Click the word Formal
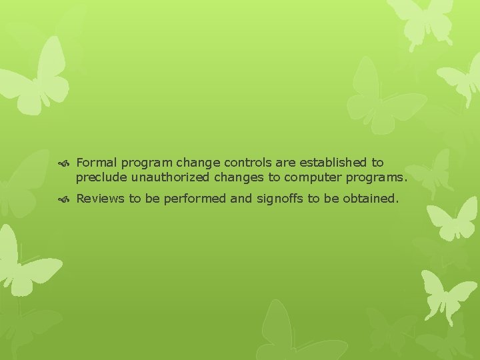pos(97,163)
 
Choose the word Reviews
pos(100,199)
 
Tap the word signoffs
pos(279,199)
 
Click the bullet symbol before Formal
pos(67,163)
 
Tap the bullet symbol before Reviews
pos(67,199)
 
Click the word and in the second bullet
pos(241,199)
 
